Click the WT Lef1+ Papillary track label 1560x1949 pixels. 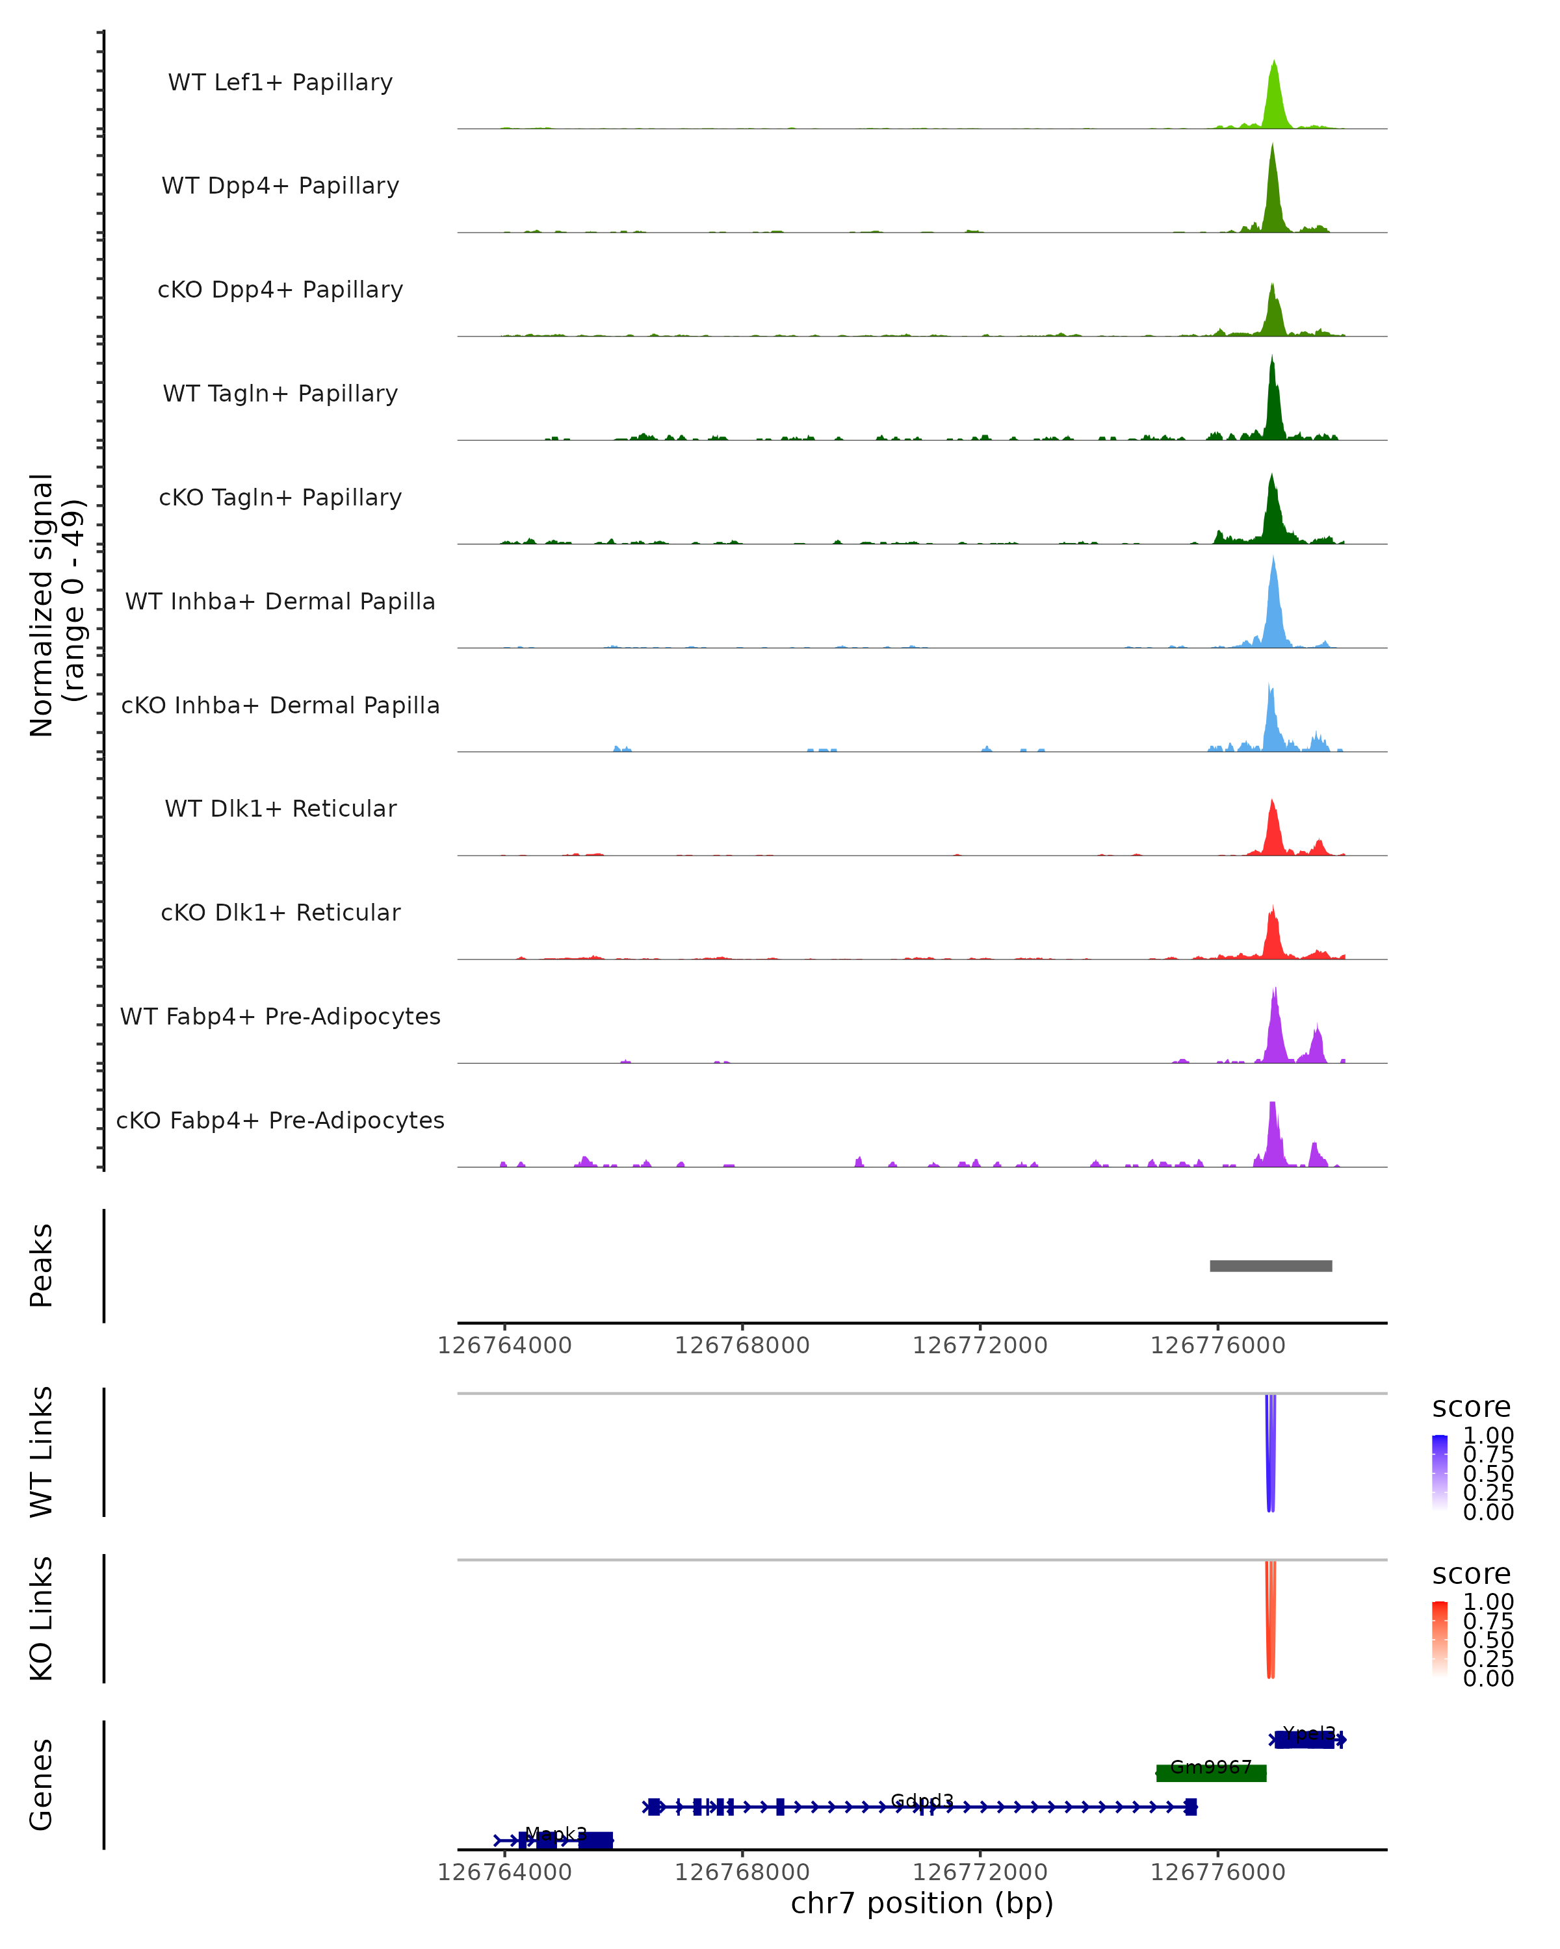[x=280, y=83]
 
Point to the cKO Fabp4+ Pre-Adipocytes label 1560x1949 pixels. [x=280, y=1120]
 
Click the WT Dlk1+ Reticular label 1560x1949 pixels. [x=280, y=809]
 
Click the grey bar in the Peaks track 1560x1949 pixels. [x=1271, y=1266]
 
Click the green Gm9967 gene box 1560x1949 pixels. [x=1211, y=1773]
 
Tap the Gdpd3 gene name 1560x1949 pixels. [x=922, y=1800]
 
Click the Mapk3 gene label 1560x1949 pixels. [x=555, y=1833]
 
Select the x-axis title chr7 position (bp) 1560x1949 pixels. [x=922, y=1903]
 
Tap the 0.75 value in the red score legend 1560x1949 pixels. [x=1488, y=1621]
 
